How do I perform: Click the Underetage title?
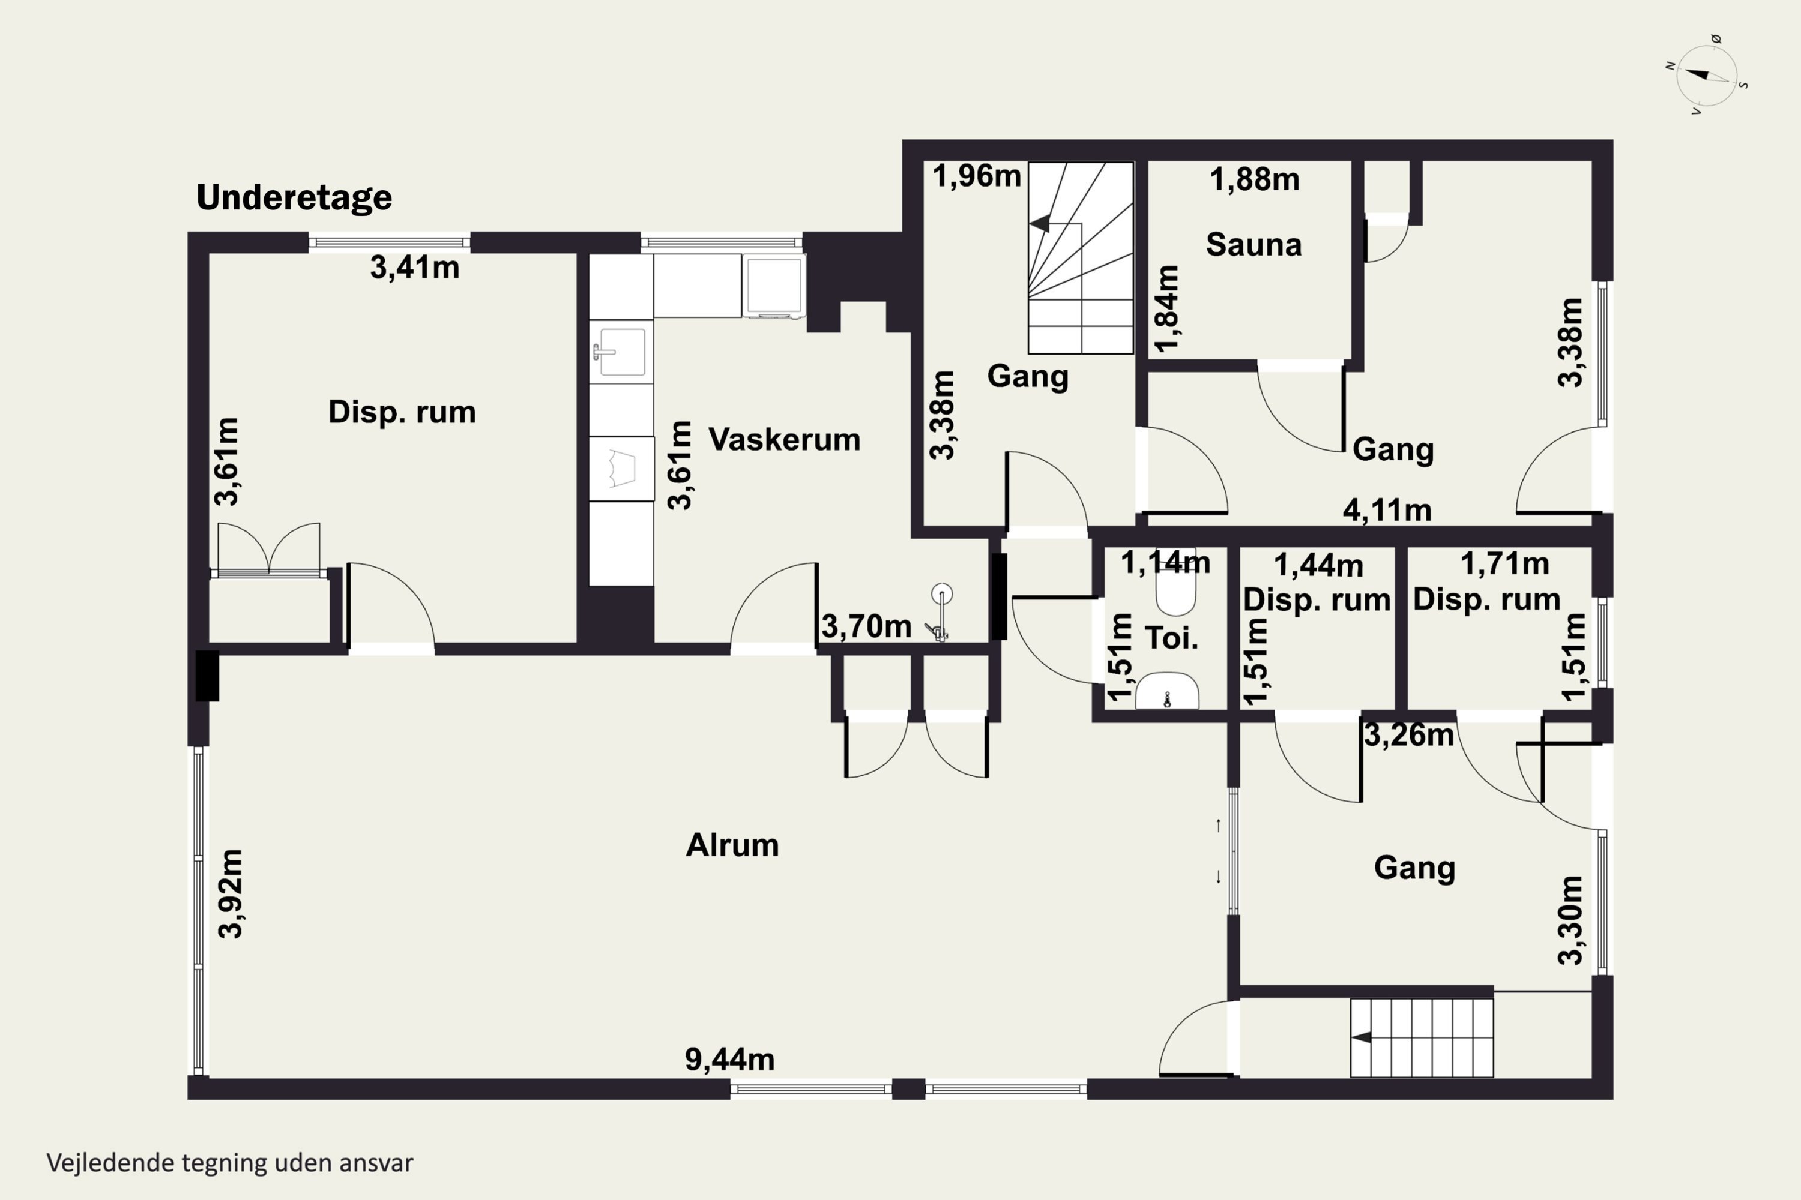click(294, 198)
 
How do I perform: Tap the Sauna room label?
click(1253, 245)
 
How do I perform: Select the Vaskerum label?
click(784, 439)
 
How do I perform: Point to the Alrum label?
click(732, 845)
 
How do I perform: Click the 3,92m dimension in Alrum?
click(231, 893)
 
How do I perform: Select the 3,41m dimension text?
click(415, 267)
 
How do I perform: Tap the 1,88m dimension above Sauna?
click(1254, 180)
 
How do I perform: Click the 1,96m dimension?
click(976, 176)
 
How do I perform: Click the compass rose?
click(1706, 76)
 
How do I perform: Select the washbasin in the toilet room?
click(1167, 691)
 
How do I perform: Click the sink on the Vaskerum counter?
click(621, 352)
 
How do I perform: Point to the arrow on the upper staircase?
click(1040, 223)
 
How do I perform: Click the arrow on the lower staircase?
click(1361, 1038)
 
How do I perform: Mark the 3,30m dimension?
click(1570, 920)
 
